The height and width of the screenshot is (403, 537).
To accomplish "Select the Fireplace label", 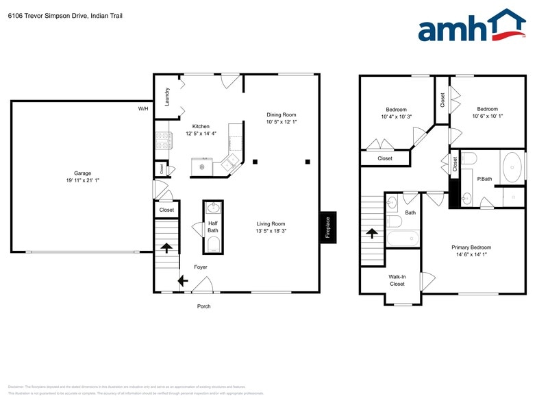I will point(328,228).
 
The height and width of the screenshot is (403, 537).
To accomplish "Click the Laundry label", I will point(166,96).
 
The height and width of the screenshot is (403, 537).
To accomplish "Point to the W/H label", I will point(143,109).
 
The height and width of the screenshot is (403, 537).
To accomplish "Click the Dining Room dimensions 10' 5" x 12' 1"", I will point(282,122).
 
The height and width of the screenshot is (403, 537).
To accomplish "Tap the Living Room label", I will point(271,223).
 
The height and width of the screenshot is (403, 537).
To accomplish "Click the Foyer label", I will point(200,267).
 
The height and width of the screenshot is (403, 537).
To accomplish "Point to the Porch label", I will point(203,306).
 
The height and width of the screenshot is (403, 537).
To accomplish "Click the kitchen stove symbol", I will point(163,140).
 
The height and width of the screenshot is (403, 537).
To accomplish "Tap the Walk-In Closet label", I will point(397,280).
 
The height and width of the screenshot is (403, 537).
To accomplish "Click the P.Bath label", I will point(484,179).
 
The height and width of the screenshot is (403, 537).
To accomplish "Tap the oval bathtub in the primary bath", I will point(512,166).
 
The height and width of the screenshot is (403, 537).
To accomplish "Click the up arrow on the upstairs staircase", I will point(372,232).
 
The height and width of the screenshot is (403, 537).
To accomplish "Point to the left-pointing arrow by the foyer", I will point(182,280).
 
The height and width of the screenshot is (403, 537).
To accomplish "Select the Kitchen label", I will point(201,126).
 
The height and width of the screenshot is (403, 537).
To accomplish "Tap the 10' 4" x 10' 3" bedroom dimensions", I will point(396,117).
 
